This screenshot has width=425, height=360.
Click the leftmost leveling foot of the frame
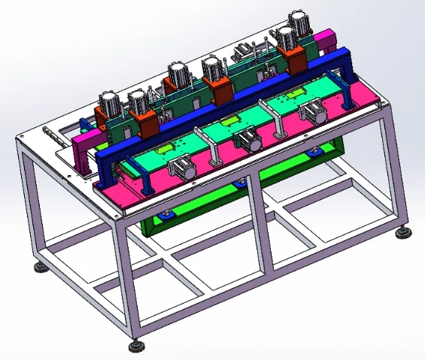[x=37, y=267]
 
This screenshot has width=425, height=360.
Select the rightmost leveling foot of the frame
[x=405, y=234]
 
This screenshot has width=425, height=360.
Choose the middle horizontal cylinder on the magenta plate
[x=246, y=138]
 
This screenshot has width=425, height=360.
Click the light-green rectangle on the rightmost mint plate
[x=296, y=91]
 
